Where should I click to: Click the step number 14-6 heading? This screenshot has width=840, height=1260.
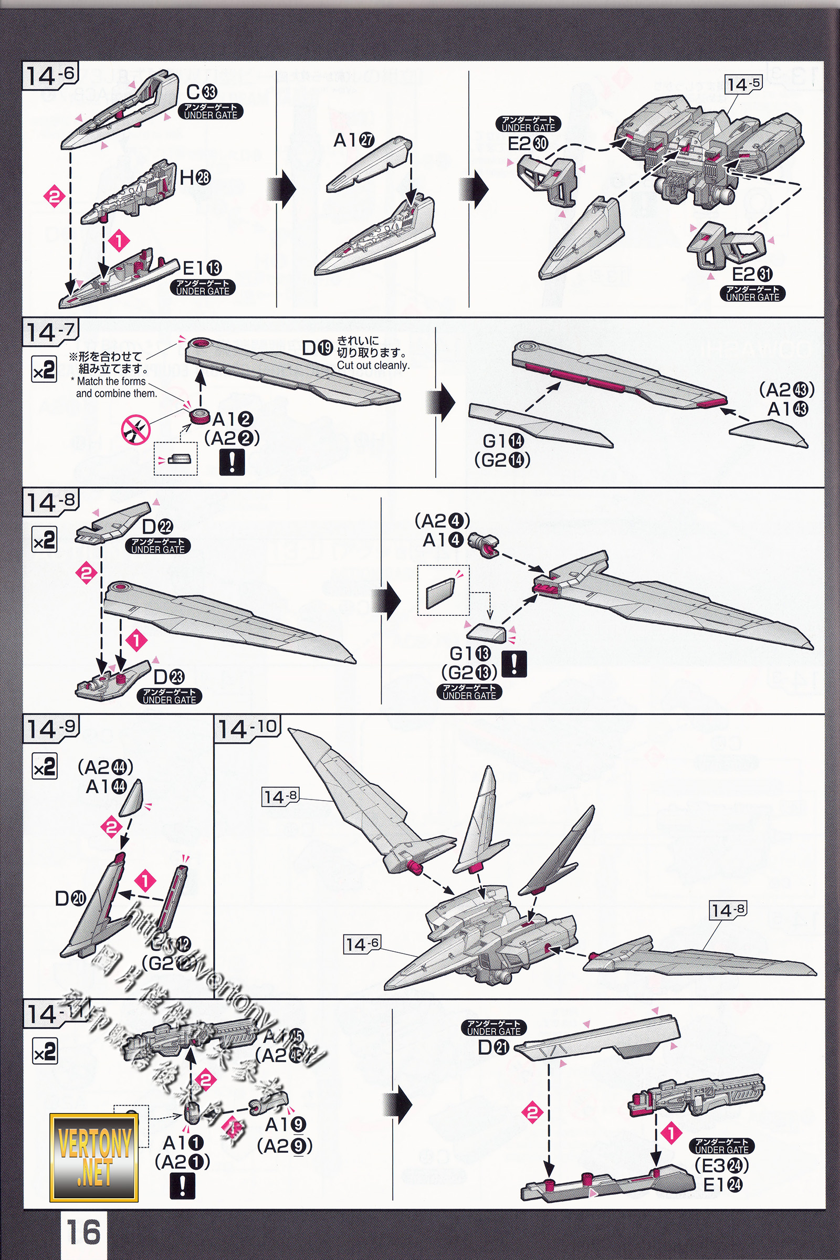coord(50,75)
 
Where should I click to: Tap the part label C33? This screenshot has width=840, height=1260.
coord(202,92)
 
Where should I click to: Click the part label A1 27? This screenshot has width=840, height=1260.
coord(353,140)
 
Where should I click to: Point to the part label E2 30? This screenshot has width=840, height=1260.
coord(528,143)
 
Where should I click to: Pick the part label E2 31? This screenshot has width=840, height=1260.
coord(752,274)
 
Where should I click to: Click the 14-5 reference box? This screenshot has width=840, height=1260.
coord(743,84)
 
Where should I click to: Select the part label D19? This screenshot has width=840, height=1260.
coord(317,348)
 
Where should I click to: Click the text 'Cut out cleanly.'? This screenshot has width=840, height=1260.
coord(373,365)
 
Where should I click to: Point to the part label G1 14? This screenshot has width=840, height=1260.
coord(503,441)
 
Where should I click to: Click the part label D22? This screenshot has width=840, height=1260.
coord(157,527)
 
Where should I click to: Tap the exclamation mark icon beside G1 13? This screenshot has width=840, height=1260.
coord(514,664)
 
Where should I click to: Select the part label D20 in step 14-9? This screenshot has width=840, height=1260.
coord(70,898)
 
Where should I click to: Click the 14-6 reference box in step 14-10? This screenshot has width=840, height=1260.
coord(362,944)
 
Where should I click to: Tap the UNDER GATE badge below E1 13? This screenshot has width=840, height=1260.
coord(203,287)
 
